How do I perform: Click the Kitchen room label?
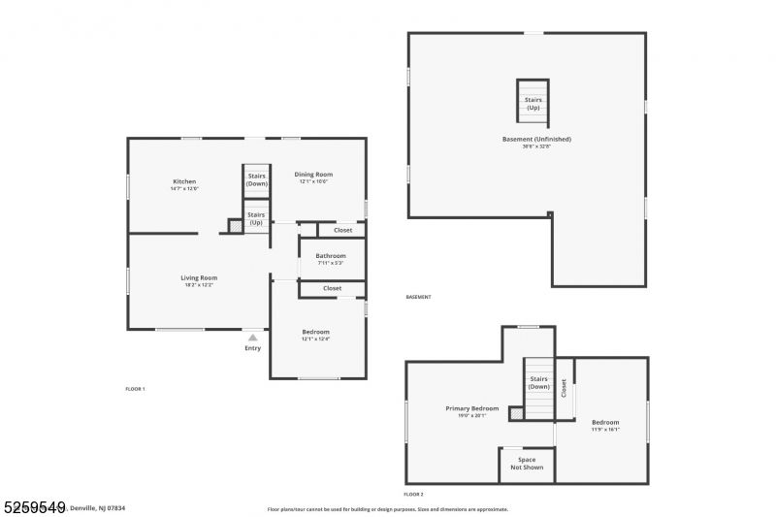[x=184, y=181]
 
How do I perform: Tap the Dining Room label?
[x=313, y=175]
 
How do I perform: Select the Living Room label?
[x=199, y=278]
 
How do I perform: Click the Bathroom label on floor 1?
[x=330, y=256]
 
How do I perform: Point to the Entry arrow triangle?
[x=252, y=337]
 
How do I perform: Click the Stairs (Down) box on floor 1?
[x=256, y=179]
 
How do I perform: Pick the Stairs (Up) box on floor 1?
[x=256, y=217]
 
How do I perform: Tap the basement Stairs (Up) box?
[x=533, y=102]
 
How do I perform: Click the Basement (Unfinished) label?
[x=536, y=139]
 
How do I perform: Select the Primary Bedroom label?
[x=471, y=408]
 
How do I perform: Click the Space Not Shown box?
[x=527, y=464]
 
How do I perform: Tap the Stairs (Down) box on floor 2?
[x=538, y=382]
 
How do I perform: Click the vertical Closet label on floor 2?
[x=564, y=387]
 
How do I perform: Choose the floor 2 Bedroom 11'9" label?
[x=605, y=422]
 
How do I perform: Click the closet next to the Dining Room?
[x=342, y=230]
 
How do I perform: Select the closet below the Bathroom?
[x=332, y=288]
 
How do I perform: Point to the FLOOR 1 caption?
[x=135, y=388]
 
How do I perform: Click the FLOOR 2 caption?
[x=414, y=494]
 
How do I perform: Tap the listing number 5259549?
[x=34, y=505]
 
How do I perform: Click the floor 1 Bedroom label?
[x=315, y=332]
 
